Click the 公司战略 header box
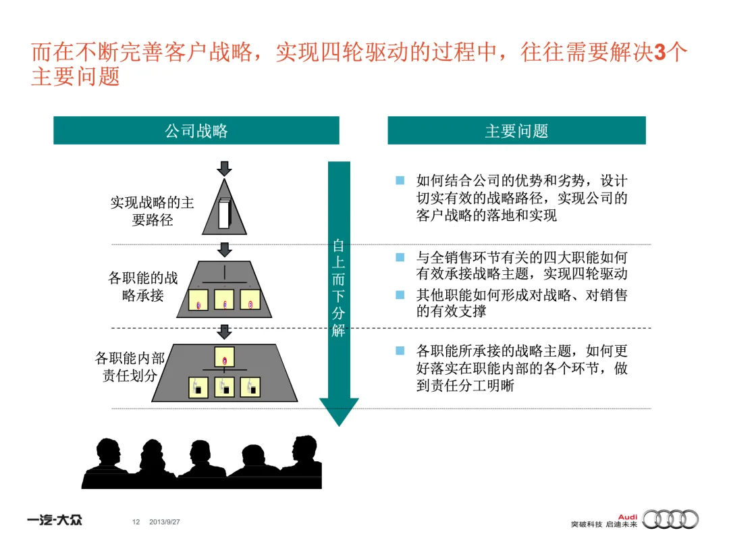click(196, 130)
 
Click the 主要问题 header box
click(516, 130)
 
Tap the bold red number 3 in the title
click(660, 53)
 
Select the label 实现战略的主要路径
click(152, 211)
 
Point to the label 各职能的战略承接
click(143, 286)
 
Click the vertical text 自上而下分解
click(338, 287)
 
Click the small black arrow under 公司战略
click(225, 167)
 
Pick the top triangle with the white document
click(225, 206)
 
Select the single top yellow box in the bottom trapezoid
click(225, 357)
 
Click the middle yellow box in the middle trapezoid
click(225, 300)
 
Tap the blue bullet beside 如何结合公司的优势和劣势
click(400, 181)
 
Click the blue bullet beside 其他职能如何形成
click(400, 295)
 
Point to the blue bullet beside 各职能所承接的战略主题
click(400, 350)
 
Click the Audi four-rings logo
click(670, 519)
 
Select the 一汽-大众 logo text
click(55, 521)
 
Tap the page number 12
click(136, 522)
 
